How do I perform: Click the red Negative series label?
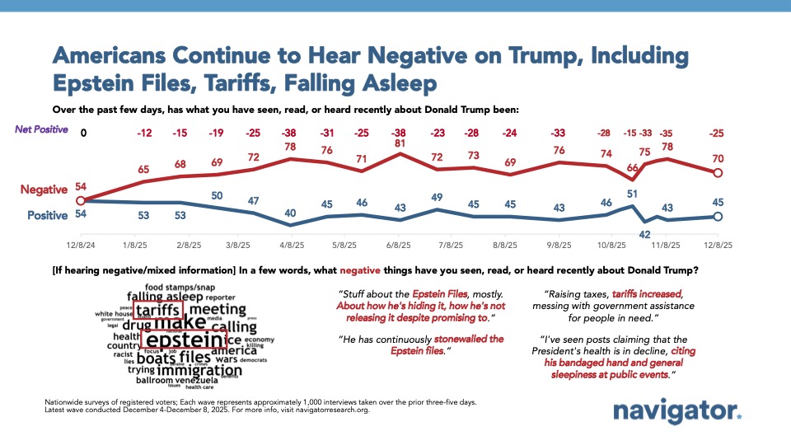pyautogui.click(x=44, y=190)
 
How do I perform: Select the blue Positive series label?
pyautogui.click(x=47, y=215)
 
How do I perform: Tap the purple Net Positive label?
pyautogui.click(x=41, y=130)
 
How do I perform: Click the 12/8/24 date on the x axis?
pyautogui.click(x=81, y=245)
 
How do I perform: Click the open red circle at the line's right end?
pyautogui.click(x=717, y=173)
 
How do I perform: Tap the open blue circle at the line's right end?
pyautogui.click(x=717, y=217)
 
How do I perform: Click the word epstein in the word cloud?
pyautogui.click(x=182, y=340)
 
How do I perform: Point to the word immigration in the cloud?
pyautogui.click(x=187, y=371)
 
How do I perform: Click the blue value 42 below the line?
pyautogui.click(x=646, y=234)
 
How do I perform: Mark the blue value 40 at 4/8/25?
pyautogui.click(x=290, y=213)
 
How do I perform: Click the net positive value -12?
pyautogui.click(x=146, y=133)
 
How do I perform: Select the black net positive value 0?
pyautogui.click(x=82, y=133)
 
